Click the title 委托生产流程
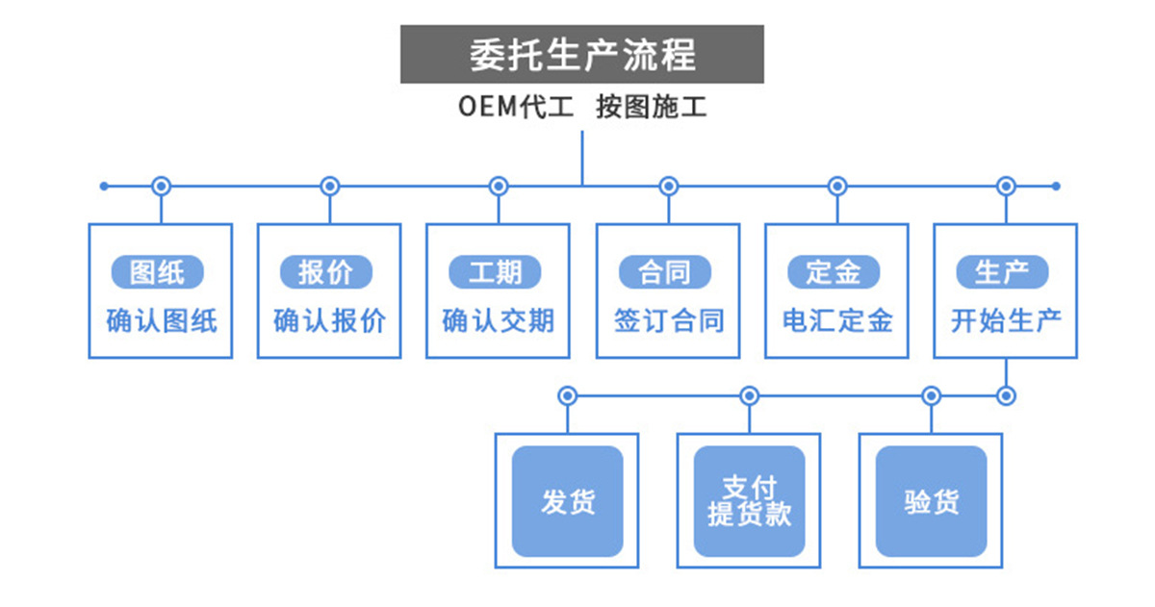pos(581,55)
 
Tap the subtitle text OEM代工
pos(516,107)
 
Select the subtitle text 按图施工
pos(651,107)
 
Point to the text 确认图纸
pos(161,320)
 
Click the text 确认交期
pos(498,320)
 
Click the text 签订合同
pos(668,320)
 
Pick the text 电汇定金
pos(836,320)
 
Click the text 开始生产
pos(1006,320)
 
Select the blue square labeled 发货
pos(567,501)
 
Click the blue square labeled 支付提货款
pos(749,501)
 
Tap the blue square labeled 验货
pos(931,501)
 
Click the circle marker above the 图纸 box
pos(162,186)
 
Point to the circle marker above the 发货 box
pos(567,395)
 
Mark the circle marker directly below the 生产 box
pos(1006,395)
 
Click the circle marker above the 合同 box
pos(668,186)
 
